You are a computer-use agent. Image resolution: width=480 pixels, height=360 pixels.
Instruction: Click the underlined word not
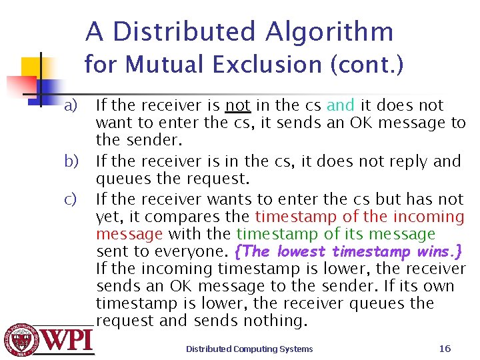pos(238,105)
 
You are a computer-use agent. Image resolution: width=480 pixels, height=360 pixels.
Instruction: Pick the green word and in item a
pos(341,105)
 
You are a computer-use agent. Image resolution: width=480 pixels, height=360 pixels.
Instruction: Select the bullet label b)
pos(71,161)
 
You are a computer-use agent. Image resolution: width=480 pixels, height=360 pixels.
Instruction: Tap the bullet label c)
pos(71,199)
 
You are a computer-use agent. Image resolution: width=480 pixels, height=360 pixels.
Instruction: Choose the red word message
pos(129,234)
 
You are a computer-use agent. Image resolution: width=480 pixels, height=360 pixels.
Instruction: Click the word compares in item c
pos(220,217)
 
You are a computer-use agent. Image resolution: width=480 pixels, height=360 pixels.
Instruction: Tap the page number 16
pos(445,348)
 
